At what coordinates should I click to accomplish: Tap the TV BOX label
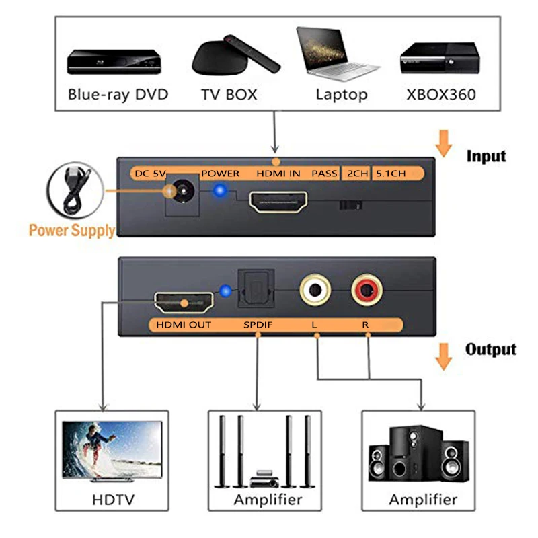pyautogui.click(x=229, y=94)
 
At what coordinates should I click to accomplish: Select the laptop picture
pyautogui.click(x=338, y=54)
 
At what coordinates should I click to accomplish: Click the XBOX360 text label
pyautogui.click(x=440, y=94)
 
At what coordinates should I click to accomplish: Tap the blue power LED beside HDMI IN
pyautogui.click(x=218, y=193)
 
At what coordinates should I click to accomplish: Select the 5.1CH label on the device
pyautogui.click(x=390, y=174)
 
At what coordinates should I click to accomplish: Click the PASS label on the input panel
pyautogui.click(x=324, y=174)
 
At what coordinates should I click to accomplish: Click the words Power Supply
pyautogui.click(x=71, y=230)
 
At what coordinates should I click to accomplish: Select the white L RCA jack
pyautogui.click(x=315, y=291)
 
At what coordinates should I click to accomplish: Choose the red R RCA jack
pyautogui.click(x=367, y=291)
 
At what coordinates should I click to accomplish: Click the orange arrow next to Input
pyautogui.click(x=443, y=145)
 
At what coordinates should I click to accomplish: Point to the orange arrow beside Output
pyautogui.click(x=443, y=357)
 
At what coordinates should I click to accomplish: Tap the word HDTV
pyautogui.click(x=112, y=500)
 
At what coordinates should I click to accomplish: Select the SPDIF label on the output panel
pyautogui.click(x=258, y=325)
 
